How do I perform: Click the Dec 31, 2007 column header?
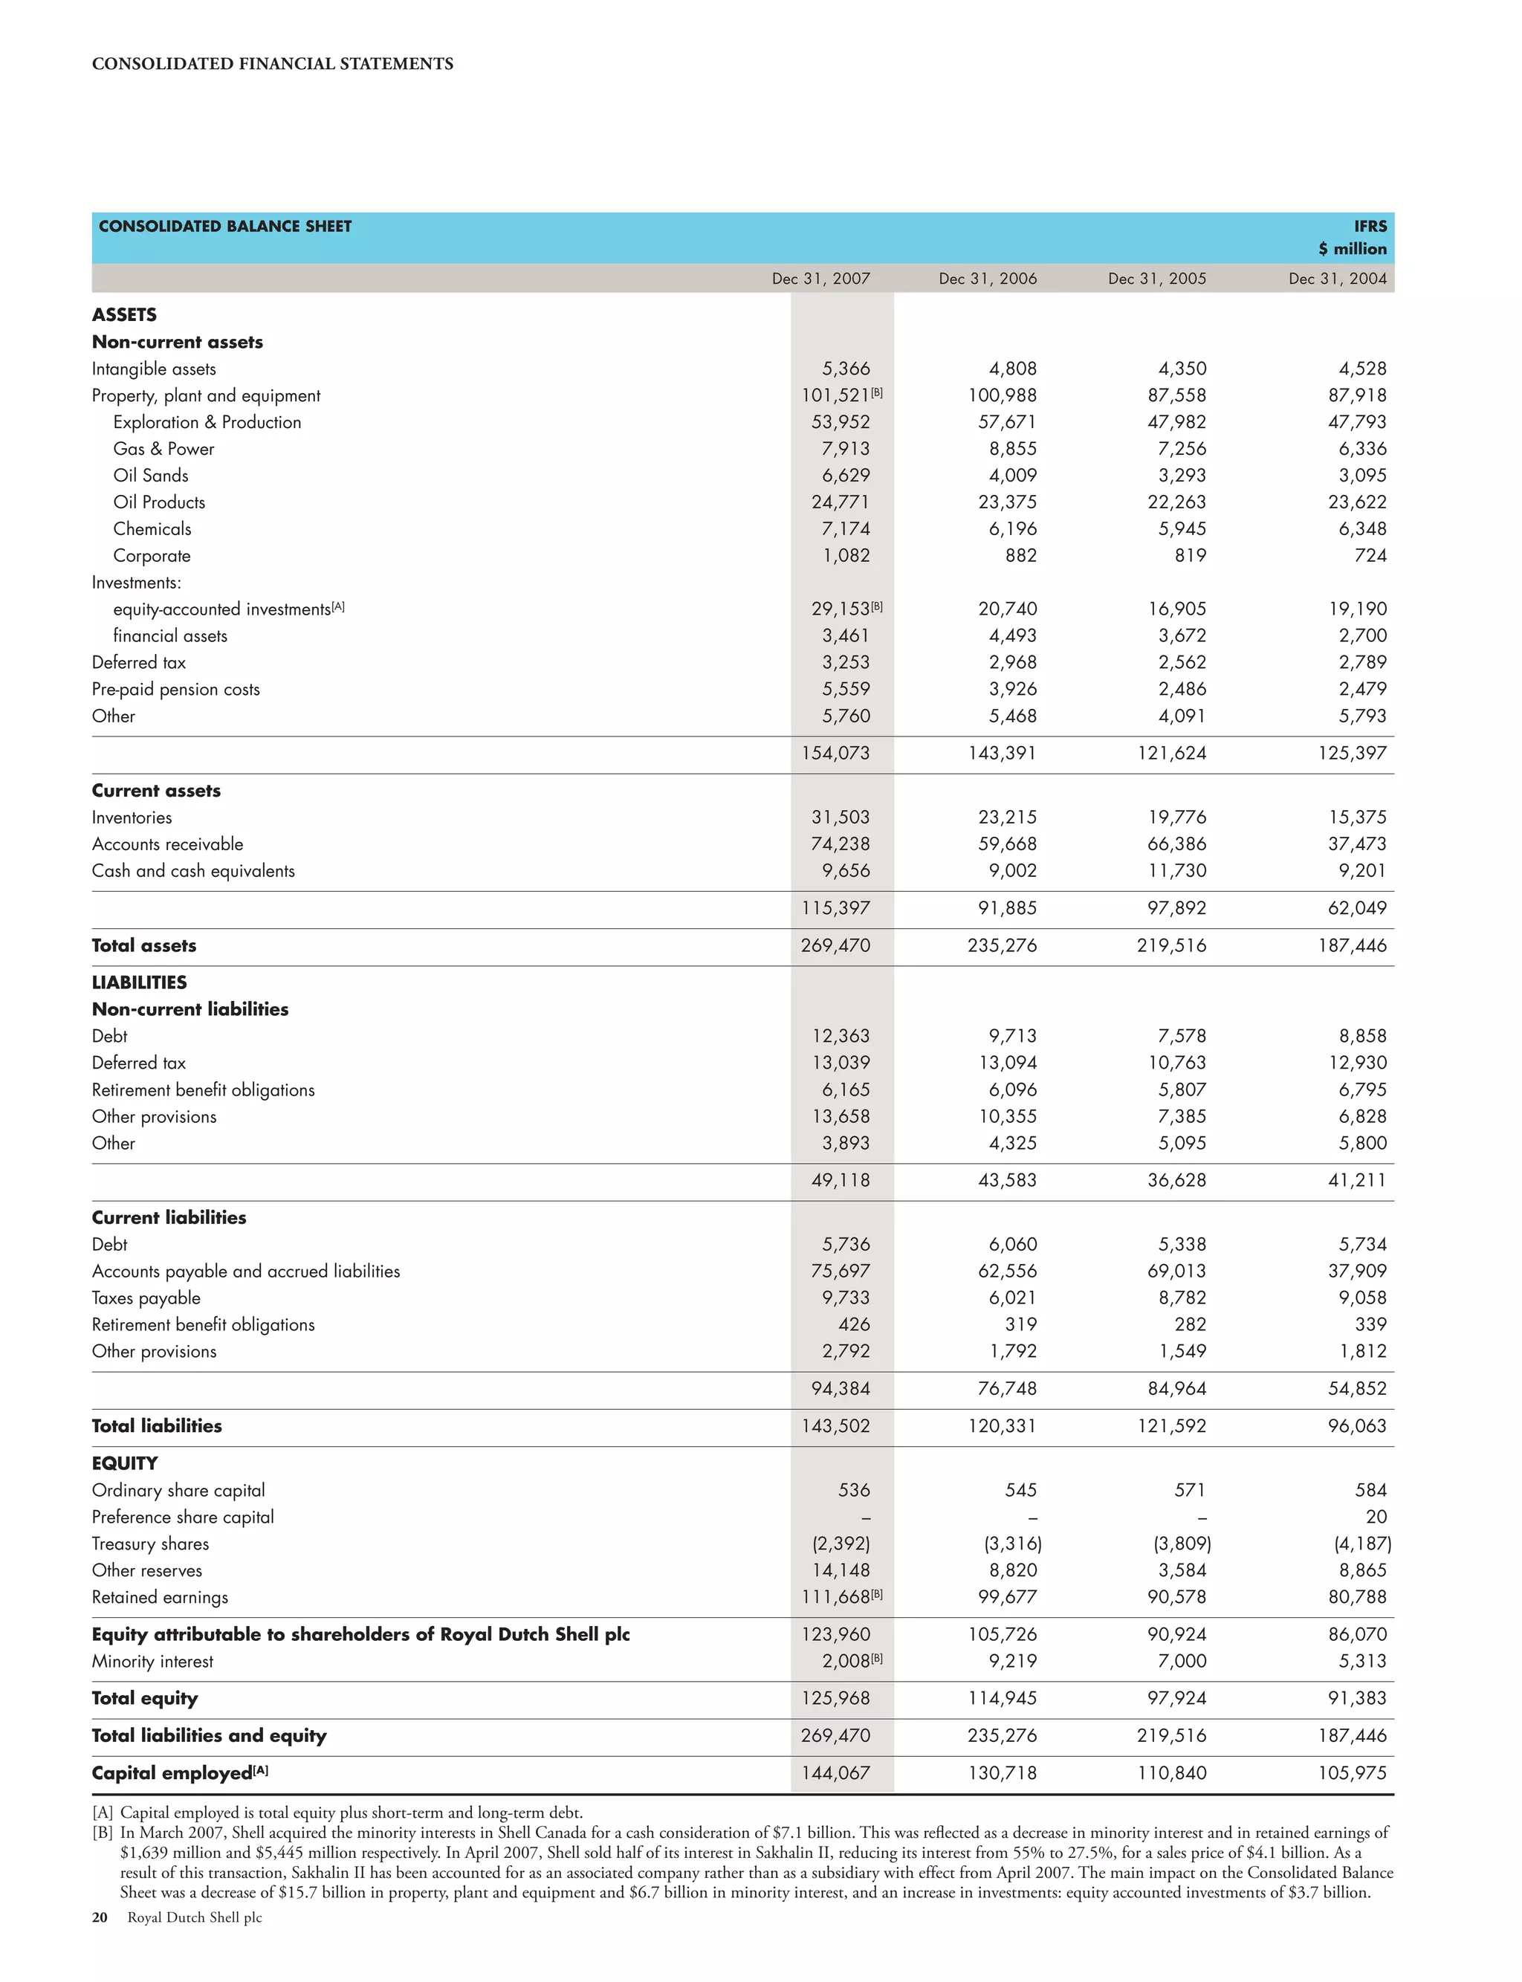820,278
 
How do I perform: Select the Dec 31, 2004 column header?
1337,278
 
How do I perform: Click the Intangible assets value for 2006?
1012,369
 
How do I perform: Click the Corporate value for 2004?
1370,555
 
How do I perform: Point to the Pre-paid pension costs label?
175,690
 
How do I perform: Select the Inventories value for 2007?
840,817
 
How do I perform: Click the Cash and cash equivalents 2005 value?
1177,870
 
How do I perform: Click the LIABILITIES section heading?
139,983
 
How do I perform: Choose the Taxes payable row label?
146,1298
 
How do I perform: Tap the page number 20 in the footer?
100,1917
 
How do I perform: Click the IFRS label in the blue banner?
1370,226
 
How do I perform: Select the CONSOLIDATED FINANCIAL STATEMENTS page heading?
273,63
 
